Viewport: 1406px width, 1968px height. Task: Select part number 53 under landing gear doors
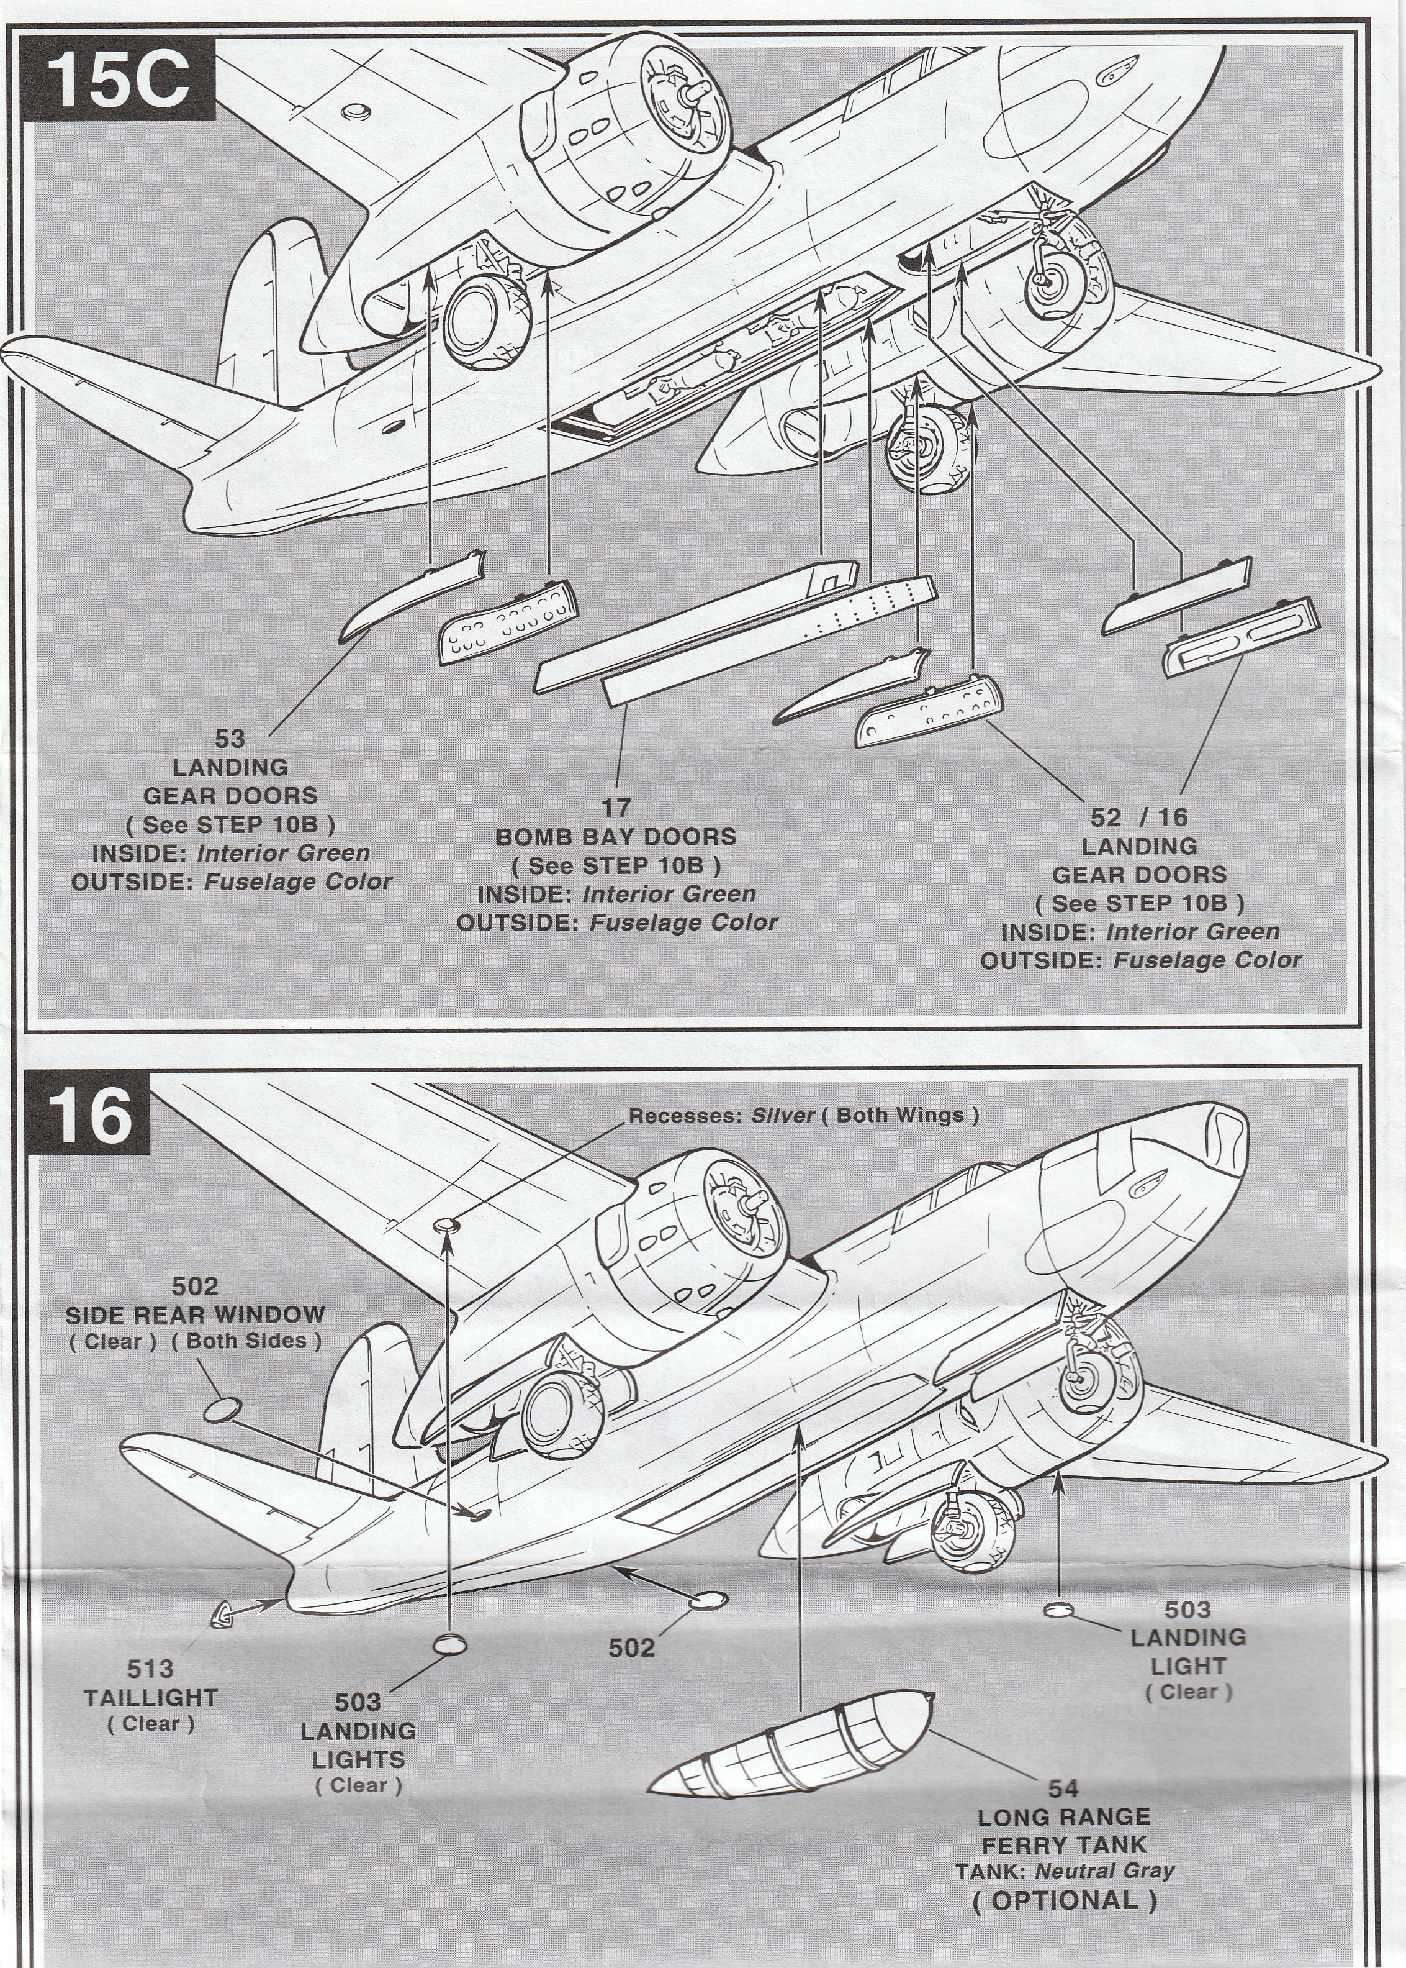coord(230,738)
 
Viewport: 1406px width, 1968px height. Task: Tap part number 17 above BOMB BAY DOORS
coord(616,808)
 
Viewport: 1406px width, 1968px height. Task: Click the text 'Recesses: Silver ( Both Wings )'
coord(803,1115)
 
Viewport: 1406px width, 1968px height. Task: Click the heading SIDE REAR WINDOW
coord(196,1313)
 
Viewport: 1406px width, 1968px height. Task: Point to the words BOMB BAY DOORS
coord(616,836)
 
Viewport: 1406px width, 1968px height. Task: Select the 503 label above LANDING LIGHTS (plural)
coord(358,1678)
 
